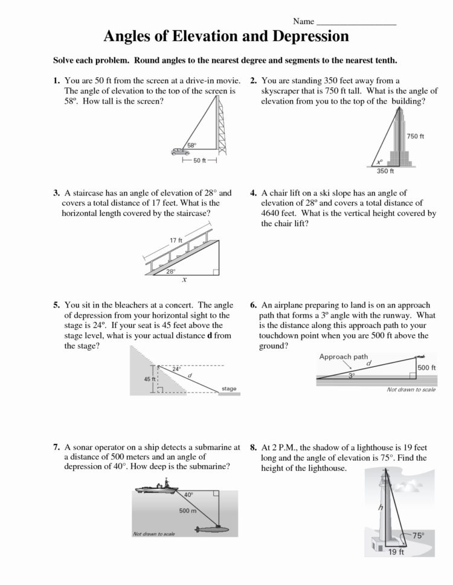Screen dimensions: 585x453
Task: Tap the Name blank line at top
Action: click(356, 22)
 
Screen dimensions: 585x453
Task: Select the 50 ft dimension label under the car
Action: click(199, 160)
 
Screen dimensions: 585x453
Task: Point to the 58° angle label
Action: click(192, 145)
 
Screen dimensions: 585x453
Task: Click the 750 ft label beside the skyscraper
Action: click(416, 136)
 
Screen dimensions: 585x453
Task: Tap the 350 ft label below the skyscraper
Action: click(385, 171)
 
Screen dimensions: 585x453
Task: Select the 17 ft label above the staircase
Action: click(176, 241)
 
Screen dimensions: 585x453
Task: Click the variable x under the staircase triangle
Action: click(184, 280)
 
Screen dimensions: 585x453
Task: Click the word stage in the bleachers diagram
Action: click(229, 388)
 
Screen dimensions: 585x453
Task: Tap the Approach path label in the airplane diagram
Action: click(344, 356)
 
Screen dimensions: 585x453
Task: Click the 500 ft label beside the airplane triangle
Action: click(426, 367)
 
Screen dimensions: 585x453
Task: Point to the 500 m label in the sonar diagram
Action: click(188, 511)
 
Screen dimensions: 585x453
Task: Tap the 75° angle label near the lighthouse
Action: click(419, 535)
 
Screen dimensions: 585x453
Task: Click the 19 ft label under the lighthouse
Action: click(396, 552)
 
